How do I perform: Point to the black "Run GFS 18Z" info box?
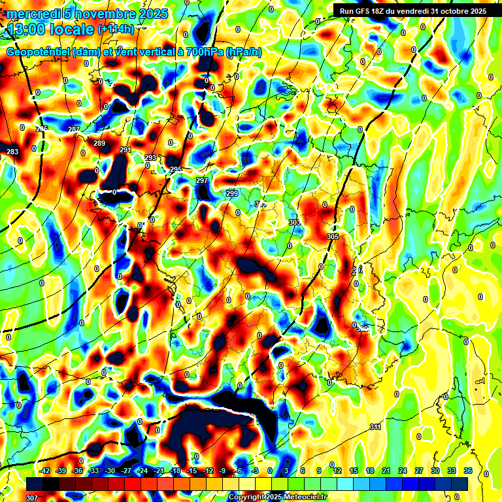pyautogui.click(x=410, y=11)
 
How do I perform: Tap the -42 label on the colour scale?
pyautogui.click(x=45, y=471)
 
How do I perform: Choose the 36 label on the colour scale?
pyautogui.click(x=468, y=471)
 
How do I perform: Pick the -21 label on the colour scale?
pyautogui.click(x=159, y=471)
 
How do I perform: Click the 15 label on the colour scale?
pyautogui.click(x=353, y=471)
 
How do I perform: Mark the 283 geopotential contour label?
pyautogui.click(x=12, y=152)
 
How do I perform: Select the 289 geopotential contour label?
pyautogui.click(x=99, y=144)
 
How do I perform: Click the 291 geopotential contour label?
pyautogui.click(x=125, y=150)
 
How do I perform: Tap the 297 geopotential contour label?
pyautogui.click(x=202, y=180)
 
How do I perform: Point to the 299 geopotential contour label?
pyautogui.click(x=232, y=193)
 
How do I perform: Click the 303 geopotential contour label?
pyautogui.click(x=294, y=223)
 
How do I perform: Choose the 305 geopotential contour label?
pyautogui.click(x=333, y=237)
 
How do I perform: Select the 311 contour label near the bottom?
pyautogui.click(x=375, y=427)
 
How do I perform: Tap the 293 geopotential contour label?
pyautogui.click(x=150, y=158)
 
